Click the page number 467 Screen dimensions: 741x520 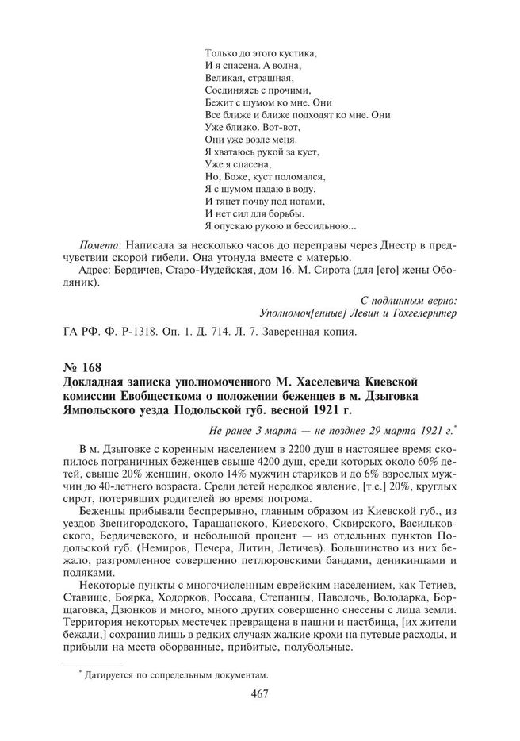259,695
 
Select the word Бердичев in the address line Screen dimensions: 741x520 137,269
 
